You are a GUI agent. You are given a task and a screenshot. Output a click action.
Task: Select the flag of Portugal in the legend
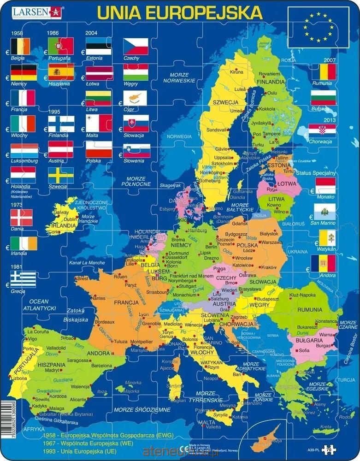[x=60, y=46]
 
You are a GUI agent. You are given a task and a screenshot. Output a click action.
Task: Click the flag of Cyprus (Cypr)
[x=136, y=98]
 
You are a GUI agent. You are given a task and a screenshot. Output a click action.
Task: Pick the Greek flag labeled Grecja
[x=23, y=279]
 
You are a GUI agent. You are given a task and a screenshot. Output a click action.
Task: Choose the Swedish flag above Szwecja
[x=60, y=175]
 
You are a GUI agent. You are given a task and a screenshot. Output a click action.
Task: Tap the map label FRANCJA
[x=126, y=303]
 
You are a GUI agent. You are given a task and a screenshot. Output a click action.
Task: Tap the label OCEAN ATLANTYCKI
[x=39, y=304]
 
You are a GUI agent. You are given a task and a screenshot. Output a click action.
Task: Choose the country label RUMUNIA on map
[x=310, y=309]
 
